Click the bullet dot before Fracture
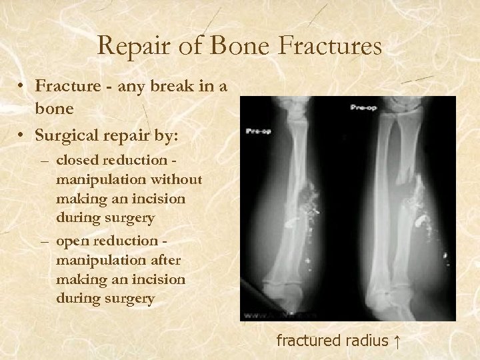click(23, 87)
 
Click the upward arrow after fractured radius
click(397, 341)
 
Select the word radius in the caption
click(367, 341)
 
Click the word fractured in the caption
click(309, 341)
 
